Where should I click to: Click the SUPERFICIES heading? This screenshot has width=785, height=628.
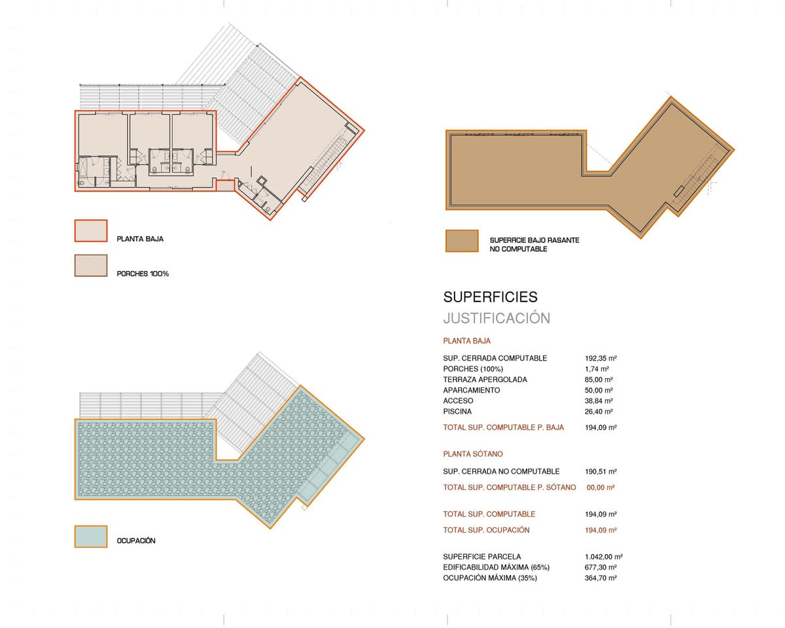pos(490,297)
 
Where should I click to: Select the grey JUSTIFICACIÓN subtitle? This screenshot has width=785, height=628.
pos(497,318)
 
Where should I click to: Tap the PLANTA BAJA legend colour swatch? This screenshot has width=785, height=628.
pos(91,231)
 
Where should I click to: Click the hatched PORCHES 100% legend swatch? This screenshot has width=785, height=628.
pos(91,266)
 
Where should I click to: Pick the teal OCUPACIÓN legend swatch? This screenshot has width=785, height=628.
pos(91,536)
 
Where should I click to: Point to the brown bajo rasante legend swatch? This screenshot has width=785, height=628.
pos(462,241)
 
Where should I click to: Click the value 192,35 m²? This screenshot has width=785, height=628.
pos(601,358)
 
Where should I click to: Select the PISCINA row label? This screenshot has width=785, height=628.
pos(457,411)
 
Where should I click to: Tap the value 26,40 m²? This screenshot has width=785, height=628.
pos(599,411)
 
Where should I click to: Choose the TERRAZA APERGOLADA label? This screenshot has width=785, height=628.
pos(485,379)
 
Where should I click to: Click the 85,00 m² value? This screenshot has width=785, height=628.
pos(599,379)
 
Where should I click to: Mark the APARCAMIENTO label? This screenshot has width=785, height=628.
pos(471,390)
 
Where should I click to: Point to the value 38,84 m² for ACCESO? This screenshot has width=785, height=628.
pos(599,400)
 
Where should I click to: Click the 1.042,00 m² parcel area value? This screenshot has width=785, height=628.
pos(604,557)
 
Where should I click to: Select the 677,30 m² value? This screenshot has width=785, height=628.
pos(601,567)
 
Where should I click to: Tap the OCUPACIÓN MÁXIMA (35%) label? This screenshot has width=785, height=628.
pos(490,578)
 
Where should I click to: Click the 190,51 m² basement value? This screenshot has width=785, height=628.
pos(601,472)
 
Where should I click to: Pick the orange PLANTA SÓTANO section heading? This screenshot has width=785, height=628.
pos(473,454)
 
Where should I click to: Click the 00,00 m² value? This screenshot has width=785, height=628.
pos(601,487)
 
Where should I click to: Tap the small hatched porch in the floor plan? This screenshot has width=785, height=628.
pos(225,185)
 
